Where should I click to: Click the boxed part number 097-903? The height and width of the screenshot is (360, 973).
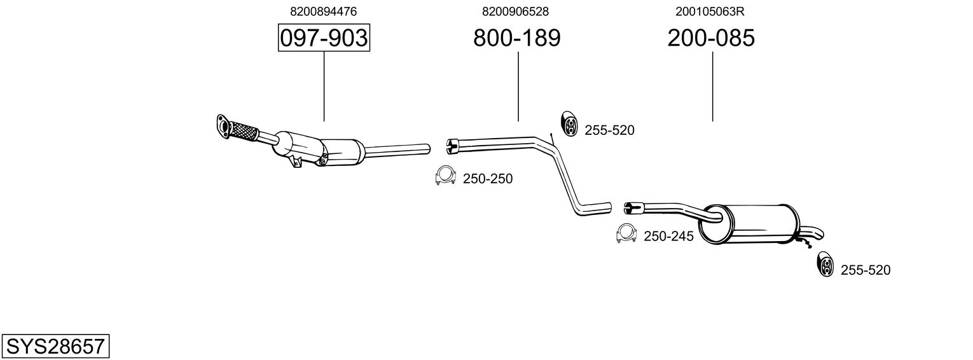coord(324,38)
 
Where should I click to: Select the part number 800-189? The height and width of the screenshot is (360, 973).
coord(516,38)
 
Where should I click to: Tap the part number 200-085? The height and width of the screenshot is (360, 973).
coord(711,38)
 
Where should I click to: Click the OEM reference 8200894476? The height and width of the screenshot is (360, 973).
coord(323,11)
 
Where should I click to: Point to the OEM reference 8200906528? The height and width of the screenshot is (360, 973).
coord(516,11)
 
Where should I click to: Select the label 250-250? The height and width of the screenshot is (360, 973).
coord(487,179)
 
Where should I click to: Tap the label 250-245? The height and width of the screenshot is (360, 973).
coord(668,237)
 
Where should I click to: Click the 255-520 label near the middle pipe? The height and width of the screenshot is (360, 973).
coord(609,130)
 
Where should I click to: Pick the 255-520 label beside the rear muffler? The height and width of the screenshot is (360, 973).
coord(866,270)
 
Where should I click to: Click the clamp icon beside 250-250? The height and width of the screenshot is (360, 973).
coord(445,176)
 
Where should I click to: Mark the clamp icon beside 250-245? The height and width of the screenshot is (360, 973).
coord(627,234)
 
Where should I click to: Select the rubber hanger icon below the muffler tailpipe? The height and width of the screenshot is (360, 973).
coord(824,265)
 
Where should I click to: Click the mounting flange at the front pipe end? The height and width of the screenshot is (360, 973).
coord(223,125)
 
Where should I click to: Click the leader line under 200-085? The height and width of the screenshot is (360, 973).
coord(712,86)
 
